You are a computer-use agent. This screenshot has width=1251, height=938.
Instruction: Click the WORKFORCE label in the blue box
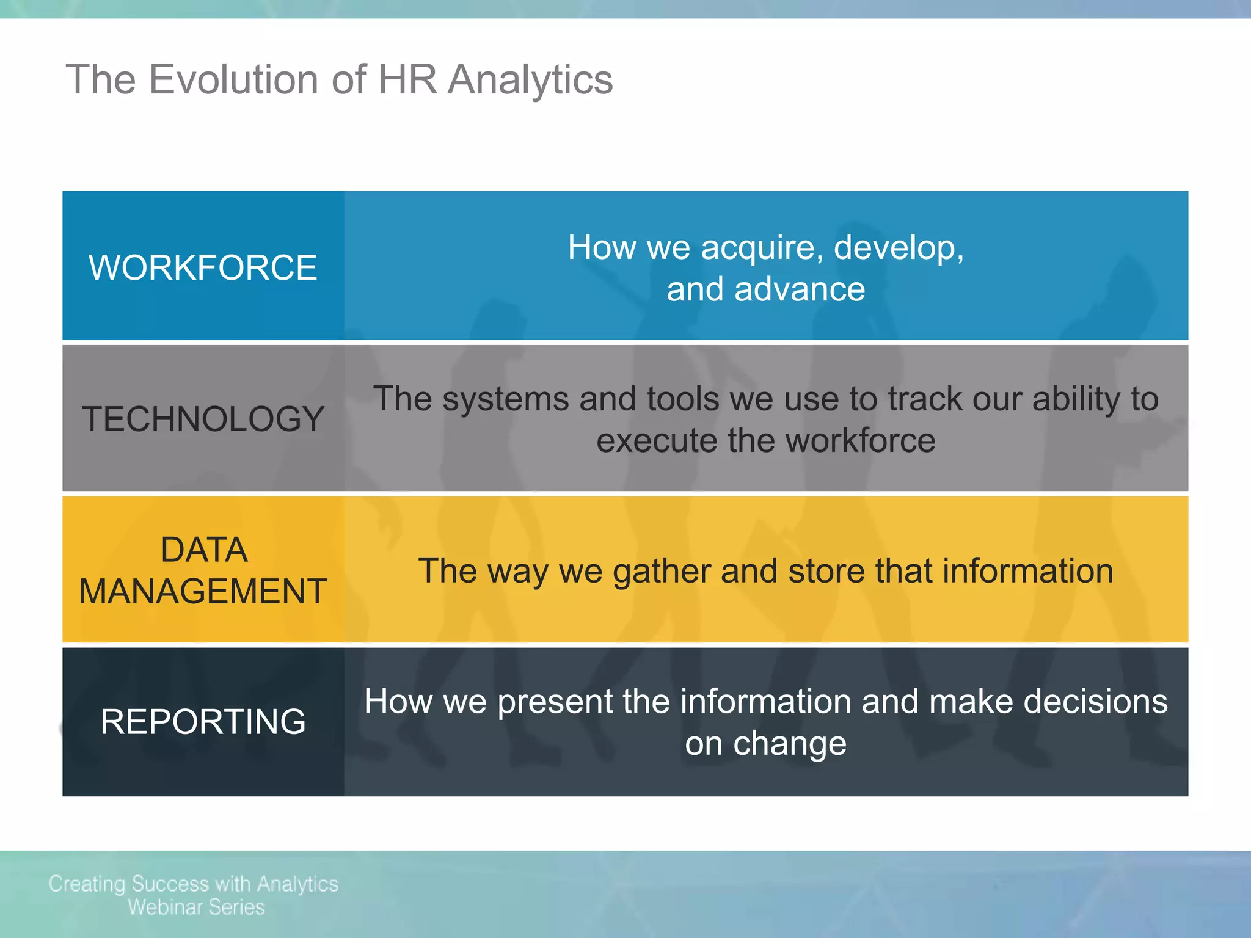click(x=203, y=267)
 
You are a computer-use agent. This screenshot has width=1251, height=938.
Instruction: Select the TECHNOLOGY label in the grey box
click(x=203, y=419)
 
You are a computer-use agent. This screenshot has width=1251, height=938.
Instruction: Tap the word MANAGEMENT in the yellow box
click(x=203, y=591)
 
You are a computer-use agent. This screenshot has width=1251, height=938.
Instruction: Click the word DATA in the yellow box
click(x=204, y=550)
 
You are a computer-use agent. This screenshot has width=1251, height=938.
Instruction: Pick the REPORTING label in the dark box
click(x=203, y=722)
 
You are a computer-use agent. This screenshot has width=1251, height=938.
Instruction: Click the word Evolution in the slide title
click(x=233, y=79)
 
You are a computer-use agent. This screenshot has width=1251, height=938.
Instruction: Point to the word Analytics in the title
click(x=530, y=81)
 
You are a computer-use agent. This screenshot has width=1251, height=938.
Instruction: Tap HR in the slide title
click(x=407, y=79)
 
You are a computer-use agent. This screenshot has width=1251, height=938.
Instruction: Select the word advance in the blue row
click(x=800, y=289)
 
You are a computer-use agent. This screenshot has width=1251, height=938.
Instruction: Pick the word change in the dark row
click(x=789, y=744)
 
